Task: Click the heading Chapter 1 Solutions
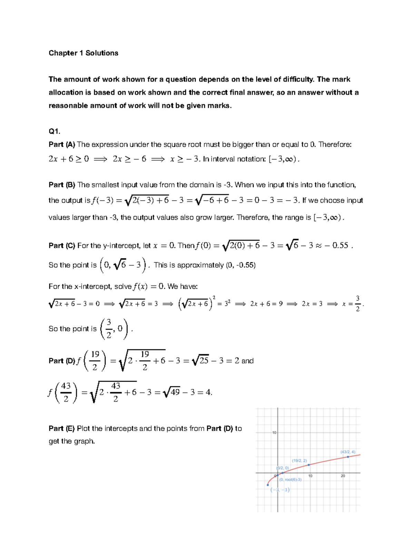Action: tap(83, 53)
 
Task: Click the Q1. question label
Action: tap(54, 131)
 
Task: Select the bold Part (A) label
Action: tap(62, 144)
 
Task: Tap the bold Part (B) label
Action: tap(62, 185)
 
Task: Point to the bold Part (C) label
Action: tap(62, 246)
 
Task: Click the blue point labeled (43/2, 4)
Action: tap(348, 457)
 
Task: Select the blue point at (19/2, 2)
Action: tap(309, 465)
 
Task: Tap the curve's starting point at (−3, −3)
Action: tap(268, 485)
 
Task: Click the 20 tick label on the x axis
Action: tap(343, 476)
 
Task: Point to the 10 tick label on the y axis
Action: tap(274, 433)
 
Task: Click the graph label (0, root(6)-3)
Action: tap(290, 480)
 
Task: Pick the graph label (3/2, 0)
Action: tap(282, 468)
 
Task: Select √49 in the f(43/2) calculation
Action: tap(171, 392)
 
